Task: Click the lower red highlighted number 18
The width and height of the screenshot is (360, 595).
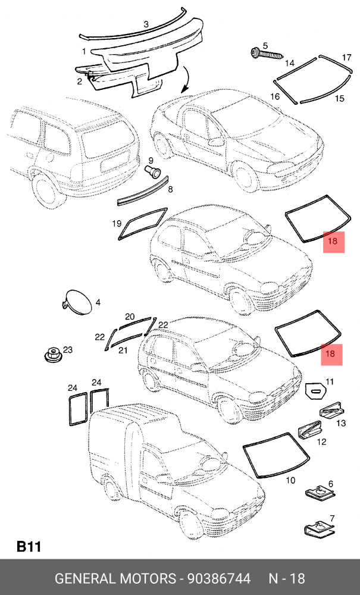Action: pyautogui.click(x=331, y=355)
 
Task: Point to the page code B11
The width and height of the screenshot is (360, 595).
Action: pyautogui.click(x=27, y=546)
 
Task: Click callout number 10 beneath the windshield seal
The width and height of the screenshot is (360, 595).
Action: pyautogui.click(x=291, y=480)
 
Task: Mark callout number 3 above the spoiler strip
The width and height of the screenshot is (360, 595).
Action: pyautogui.click(x=146, y=24)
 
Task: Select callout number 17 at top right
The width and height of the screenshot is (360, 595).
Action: pyautogui.click(x=347, y=58)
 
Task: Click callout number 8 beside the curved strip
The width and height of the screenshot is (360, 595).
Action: pyautogui.click(x=170, y=190)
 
